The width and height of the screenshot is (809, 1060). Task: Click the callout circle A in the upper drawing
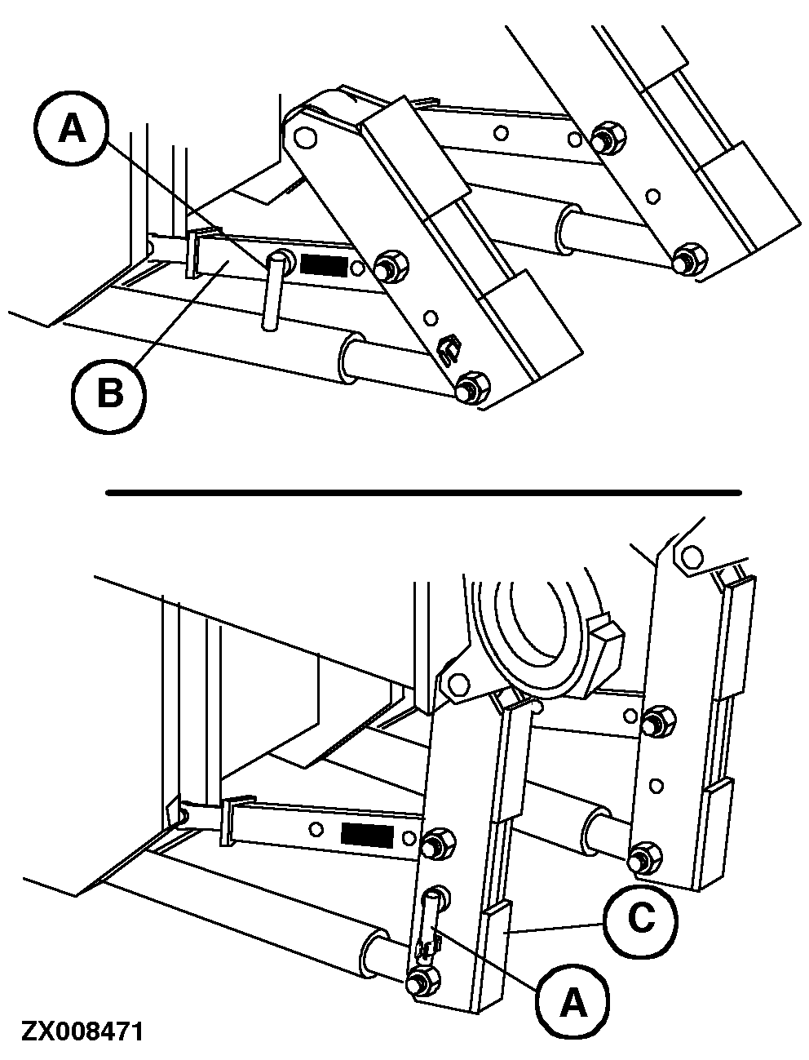pyautogui.click(x=72, y=128)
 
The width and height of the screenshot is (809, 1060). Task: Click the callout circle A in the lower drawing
pyautogui.click(x=572, y=1001)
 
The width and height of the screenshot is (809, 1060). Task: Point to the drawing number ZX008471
pyautogui.click(x=82, y=1032)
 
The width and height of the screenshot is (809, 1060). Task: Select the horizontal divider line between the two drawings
pyautogui.click(x=423, y=493)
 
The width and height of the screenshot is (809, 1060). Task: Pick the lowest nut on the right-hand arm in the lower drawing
pyautogui.click(x=644, y=856)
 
